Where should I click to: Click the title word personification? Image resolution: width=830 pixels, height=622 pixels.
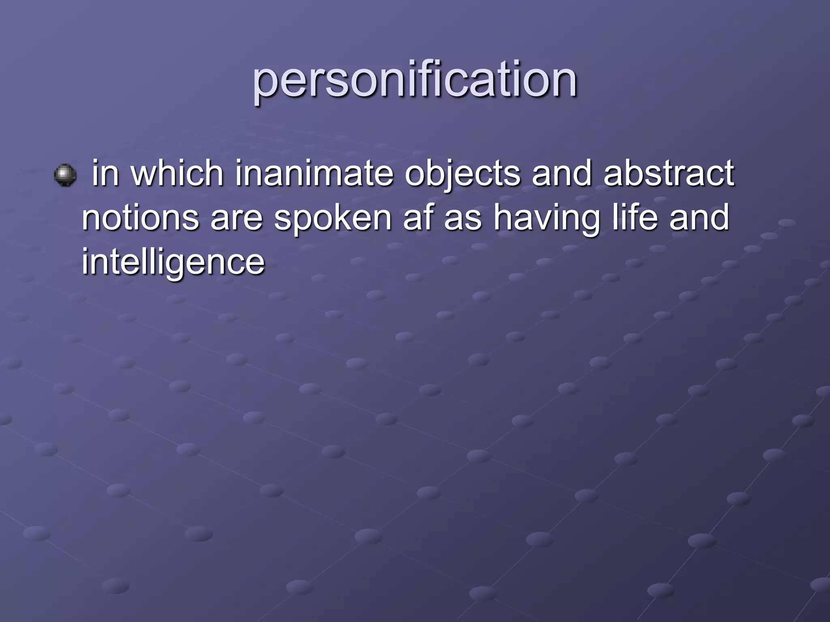pyautogui.click(x=415, y=80)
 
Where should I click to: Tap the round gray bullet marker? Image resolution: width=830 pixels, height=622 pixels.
pyautogui.click(x=65, y=175)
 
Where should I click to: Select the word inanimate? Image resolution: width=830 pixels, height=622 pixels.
pyautogui.click(x=314, y=173)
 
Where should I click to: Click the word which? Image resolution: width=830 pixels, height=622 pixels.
pyautogui.click(x=178, y=173)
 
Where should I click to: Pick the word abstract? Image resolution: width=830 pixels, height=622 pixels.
pyautogui.click(x=668, y=173)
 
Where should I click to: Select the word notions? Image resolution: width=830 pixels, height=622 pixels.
pyautogui.click(x=140, y=217)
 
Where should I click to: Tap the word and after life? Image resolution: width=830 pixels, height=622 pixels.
pyautogui.click(x=699, y=217)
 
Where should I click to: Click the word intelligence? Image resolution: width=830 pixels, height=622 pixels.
pyautogui.click(x=173, y=262)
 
